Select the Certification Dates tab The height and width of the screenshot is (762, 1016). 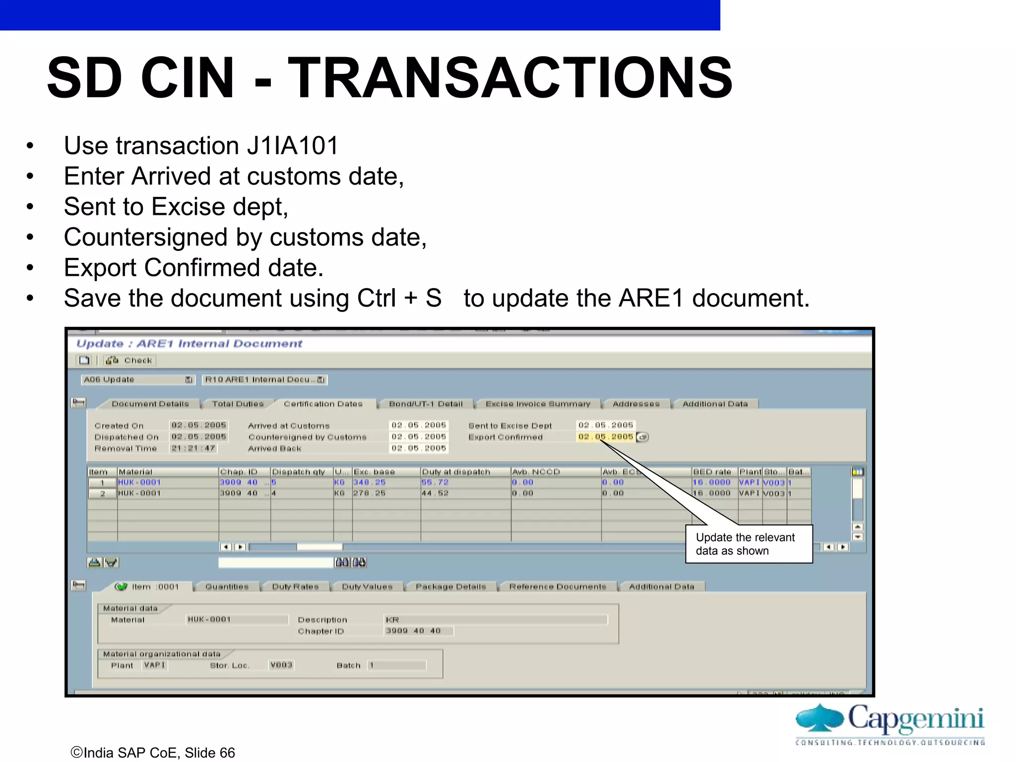pyautogui.click(x=323, y=404)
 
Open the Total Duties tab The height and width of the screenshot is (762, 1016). pyautogui.click(x=238, y=404)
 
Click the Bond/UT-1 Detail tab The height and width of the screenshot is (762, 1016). pyautogui.click(x=426, y=404)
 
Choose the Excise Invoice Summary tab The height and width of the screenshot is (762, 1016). pyautogui.click(x=538, y=404)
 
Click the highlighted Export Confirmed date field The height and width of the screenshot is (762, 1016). pyautogui.click(x=605, y=437)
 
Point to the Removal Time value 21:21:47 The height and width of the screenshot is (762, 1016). pyautogui.click(x=193, y=448)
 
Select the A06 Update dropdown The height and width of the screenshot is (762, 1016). pyautogui.click(x=137, y=380)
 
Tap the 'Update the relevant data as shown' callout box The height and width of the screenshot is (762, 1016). pyautogui.click(x=749, y=544)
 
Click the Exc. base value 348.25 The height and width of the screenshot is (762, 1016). pyautogui.click(x=369, y=482)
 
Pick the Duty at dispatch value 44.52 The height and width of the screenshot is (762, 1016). pyautogui.click(x=435, y=493)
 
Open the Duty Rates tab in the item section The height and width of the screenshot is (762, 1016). pyautogui.click(x=295, y=587)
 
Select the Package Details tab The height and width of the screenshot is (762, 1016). pyautogui.click(x=450, y=587)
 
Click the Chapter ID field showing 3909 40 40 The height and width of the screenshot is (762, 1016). pyautogui.click(x=418, y=631)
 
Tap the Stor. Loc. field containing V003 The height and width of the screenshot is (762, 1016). pyautogui.click(x=281, y=665)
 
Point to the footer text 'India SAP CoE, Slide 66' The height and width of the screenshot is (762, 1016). pyautogui.click(x=153, y=753)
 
